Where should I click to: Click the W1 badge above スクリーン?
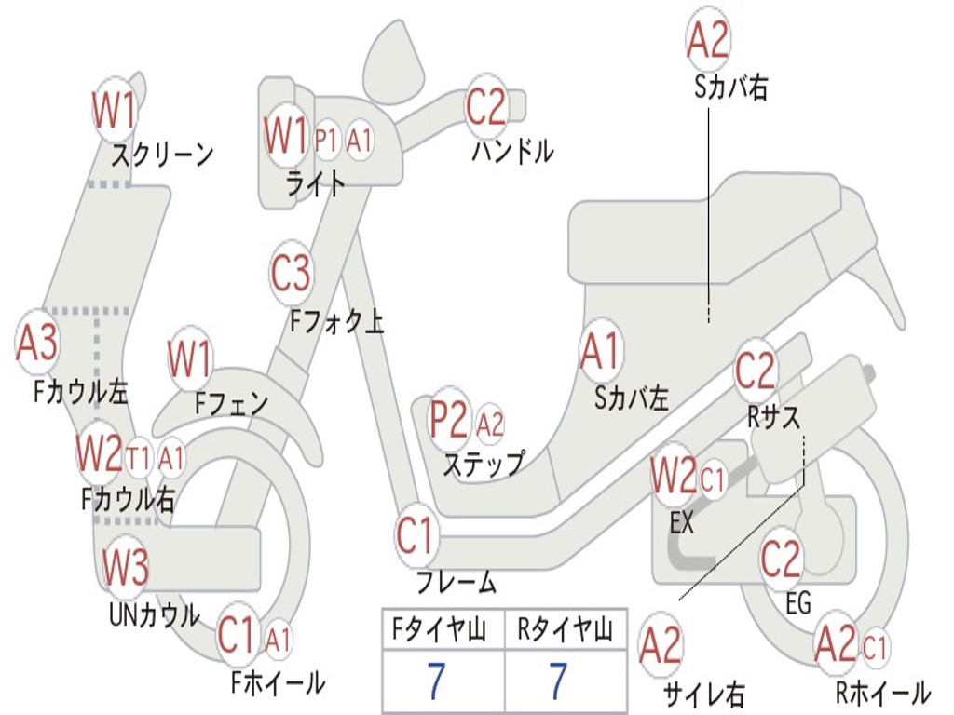click(x=115, y=110)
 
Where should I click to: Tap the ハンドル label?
click(x=512, y=150)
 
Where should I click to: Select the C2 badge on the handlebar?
click(x=486, y=106)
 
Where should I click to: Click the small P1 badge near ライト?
click(x=326, y=141)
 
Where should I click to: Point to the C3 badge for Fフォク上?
click(x=292, y=274)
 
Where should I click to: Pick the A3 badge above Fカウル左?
click(x=38, y=343)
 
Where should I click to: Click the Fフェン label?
click(x=231, y=404)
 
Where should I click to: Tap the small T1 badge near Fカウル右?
click(x=140, y=457)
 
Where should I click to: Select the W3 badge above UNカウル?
click(x=126, y=565)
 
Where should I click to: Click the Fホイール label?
click(x=278, y=683)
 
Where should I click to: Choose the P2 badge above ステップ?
click(x=449, y=421)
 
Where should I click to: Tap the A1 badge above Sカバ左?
click(x=600, y=352)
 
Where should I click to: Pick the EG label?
click(x=798, y=603)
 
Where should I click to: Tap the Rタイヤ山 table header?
click(x=565, y=631)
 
